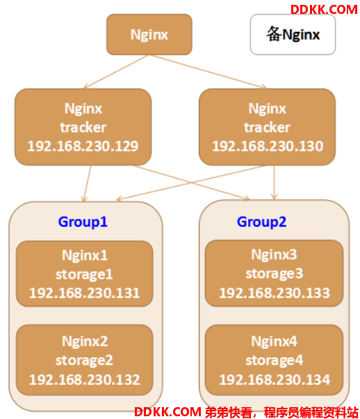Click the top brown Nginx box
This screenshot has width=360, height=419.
(149, 35)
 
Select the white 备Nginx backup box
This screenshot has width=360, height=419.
(293, 35)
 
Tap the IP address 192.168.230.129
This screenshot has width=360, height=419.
(83, 146)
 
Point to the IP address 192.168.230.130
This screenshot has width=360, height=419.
(268, 146)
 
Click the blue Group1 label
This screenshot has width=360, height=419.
(83, 222)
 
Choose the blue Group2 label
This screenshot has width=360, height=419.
(261, 222)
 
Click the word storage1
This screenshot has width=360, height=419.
(84, 274)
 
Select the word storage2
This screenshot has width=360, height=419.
(84, 360)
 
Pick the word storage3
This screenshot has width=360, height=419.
(275, 274)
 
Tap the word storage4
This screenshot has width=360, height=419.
(275, 360)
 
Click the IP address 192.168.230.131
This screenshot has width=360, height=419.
(84, 293)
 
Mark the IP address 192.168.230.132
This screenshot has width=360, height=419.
(84, 379)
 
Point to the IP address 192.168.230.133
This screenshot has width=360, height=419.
(275, 293)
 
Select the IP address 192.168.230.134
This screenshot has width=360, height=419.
(275, 379)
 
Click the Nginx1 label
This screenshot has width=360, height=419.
(85, 256)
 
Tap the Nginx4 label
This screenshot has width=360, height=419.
(274, 341)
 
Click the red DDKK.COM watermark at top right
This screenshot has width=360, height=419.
(324, 10)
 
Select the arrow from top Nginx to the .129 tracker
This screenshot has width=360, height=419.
(116, 72)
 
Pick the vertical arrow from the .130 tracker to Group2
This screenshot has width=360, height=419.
(274, 183)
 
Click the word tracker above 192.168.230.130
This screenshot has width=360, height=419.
(268, 127)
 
